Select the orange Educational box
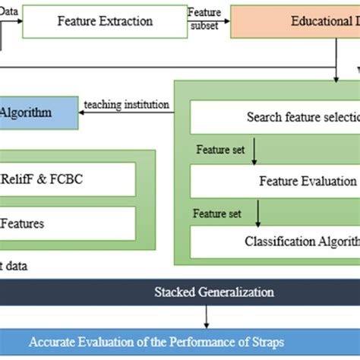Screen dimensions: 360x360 [x=295, y=21]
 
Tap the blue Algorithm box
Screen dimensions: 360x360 [x=38, y=112]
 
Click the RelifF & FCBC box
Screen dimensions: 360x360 [x=68, y=179]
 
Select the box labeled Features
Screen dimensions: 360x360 [x=68, y=223]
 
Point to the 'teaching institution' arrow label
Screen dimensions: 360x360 [x=126, y=104]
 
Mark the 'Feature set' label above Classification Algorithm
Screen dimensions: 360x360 [x=217, y=213]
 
